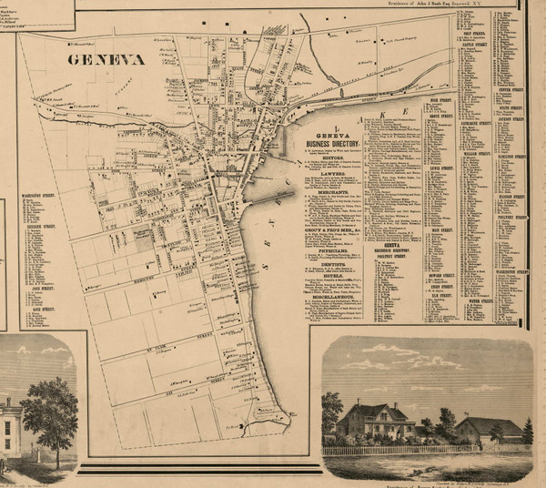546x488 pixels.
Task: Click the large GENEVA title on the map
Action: pos(106,59)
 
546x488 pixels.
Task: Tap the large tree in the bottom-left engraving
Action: pos(50,410)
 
